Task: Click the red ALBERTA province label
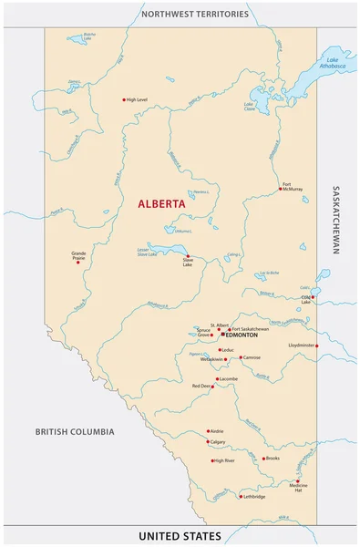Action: (161, 204)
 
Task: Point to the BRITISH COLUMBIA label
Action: (75, 431)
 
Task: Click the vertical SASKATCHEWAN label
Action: (336, 221)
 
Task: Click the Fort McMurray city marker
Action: (280, 190)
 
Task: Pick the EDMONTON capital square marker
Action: (223, 335)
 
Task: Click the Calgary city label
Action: (217, 442)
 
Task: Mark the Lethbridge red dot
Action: (241, 497)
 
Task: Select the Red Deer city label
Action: (201, 387)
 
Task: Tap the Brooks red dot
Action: (263, 459)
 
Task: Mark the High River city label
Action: (224, 461)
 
